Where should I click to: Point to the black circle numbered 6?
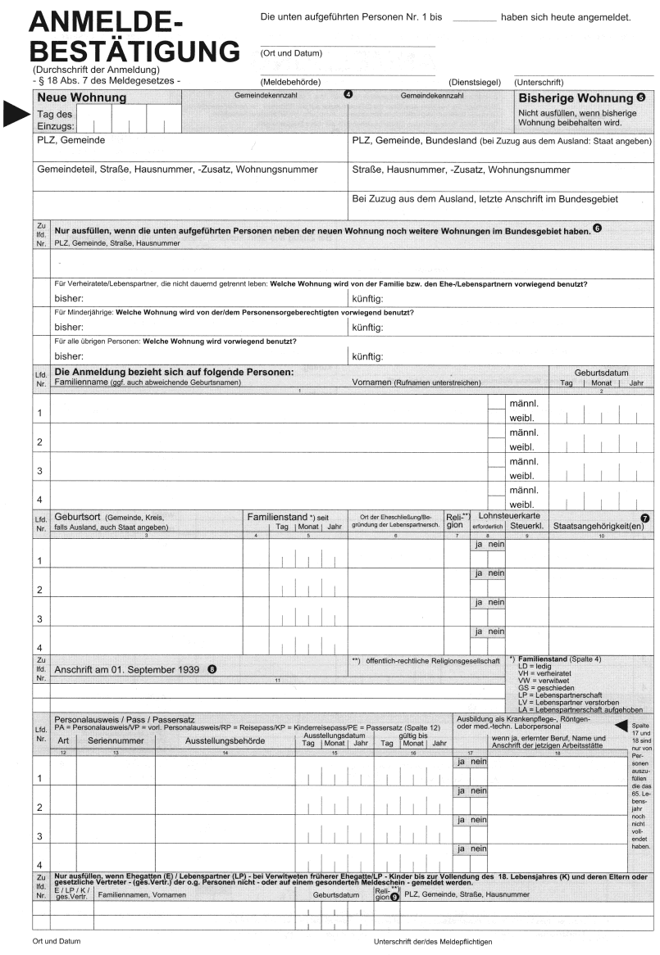(x=597, y=229)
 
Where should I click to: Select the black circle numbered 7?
(x=645, y=518)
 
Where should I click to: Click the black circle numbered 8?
(x=213, y=668)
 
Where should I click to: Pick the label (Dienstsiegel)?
(x=475, y=83)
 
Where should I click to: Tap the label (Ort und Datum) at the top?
(x=291, y=53)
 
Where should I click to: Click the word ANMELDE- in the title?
(x=106, y=22)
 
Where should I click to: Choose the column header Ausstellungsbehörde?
(x=225, y=740)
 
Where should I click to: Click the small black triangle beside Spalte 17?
(x=621, y=725)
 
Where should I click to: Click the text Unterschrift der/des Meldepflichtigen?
(x=433, y=942)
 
